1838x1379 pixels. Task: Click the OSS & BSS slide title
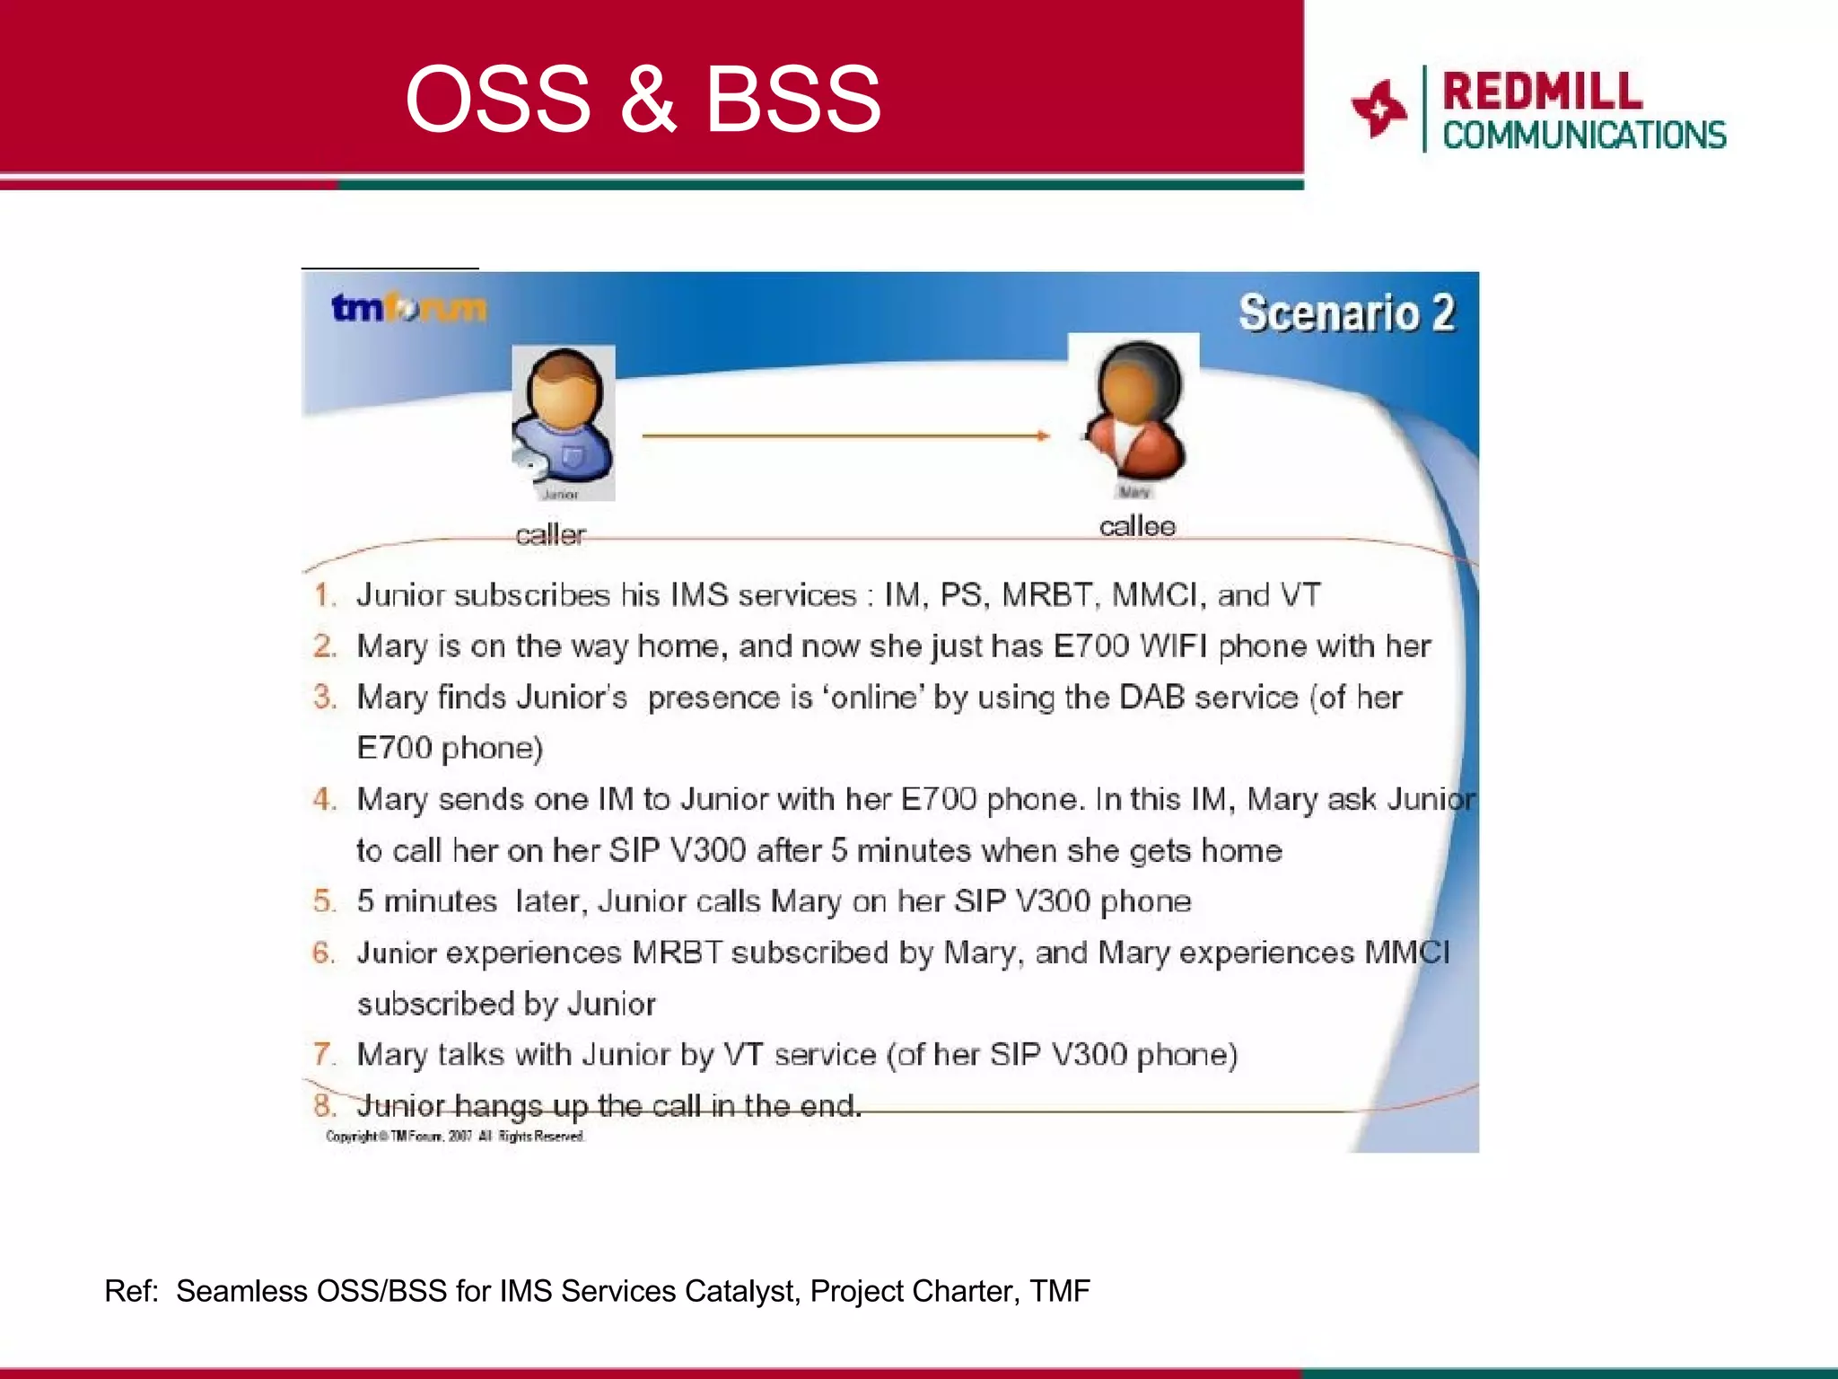pyautogui.click(x=643, y=99)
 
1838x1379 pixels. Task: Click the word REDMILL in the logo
pyautogui.click(x=1542, y=92)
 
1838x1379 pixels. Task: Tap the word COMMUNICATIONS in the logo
pyautogui.click(x=1584, y=136)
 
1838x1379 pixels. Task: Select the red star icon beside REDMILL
pyautogui.click(x=1378, y=109)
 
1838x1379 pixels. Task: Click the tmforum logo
pyautogui.click(x=408, y=308)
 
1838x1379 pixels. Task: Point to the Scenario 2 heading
pyautogui.click(x=1346, y=313)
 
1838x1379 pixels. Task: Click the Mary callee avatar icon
pyautogui.click(x=1134, y=411)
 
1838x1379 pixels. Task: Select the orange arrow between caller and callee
pyautogui.click(x=844, y=435)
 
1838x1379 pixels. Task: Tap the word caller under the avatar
pyautogui.click(x=550, y=535)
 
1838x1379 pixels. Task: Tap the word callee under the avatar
pyautogui.click(x=1137, y=526)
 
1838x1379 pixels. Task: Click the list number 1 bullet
pyautogui.click(x=324, y=595)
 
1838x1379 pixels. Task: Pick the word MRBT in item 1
pyautogui.click(x=1046, y=595)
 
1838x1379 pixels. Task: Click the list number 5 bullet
pyautogui.click(x=324, y=901)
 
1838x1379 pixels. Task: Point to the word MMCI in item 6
pyautogui.click(x=1406, y=953)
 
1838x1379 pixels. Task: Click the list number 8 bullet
pyautogui.click(x=324, y=1106)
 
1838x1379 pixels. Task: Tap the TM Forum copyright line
pyautogui.click(x=455, y=1137)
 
